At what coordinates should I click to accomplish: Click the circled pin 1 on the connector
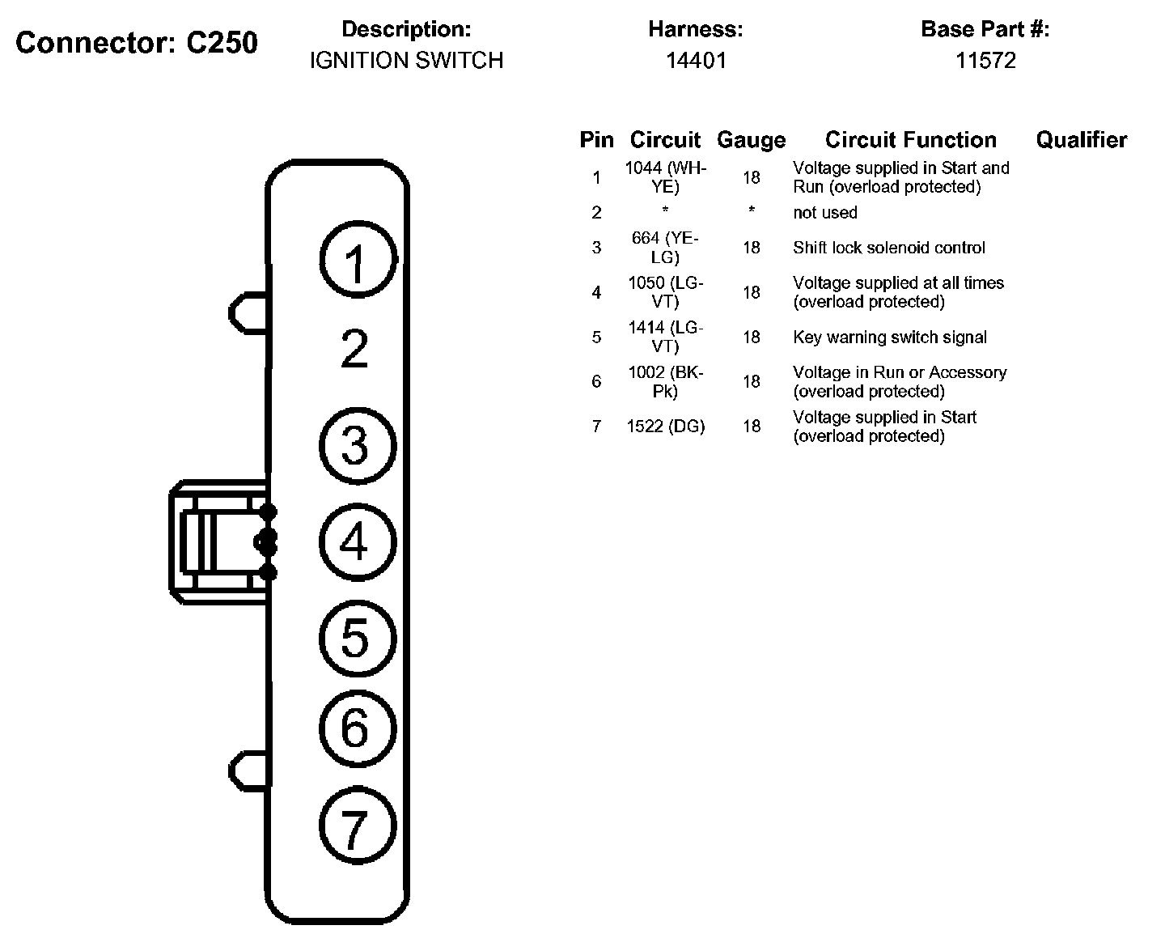[358, 260]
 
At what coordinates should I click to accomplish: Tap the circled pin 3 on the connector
[358, 446]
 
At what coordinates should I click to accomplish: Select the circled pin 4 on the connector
[358, 541]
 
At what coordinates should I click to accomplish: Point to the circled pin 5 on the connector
[358, 639]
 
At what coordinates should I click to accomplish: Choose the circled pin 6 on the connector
[358, 728]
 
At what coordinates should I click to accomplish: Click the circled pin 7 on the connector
[358, 825]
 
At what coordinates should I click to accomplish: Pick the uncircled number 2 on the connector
[354, 348]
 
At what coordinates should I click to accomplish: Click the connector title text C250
[222, 43]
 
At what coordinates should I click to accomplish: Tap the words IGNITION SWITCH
[407, 60]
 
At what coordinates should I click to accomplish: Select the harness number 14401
[697, 60]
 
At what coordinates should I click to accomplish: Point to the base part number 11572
[985, 60]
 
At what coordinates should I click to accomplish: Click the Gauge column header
[752, 140]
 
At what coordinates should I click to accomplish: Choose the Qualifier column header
[1082, 140]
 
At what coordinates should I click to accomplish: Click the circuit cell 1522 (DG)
[666, 427]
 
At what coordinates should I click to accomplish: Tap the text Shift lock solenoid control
[889, 248]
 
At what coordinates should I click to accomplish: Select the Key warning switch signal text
[890, 337]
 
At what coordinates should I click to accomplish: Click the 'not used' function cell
[825, 212]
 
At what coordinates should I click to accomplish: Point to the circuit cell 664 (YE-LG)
[665, 247]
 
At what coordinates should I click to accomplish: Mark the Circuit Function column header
[911, 140]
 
